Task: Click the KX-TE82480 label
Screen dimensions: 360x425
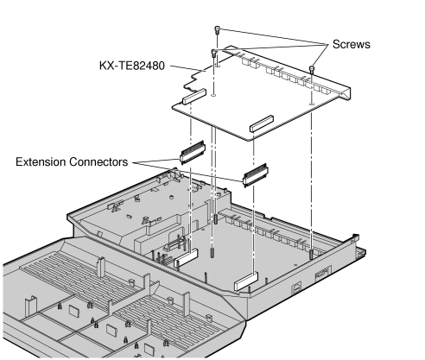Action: click(135, 66)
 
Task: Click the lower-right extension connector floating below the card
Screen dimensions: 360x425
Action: click(257, 177)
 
